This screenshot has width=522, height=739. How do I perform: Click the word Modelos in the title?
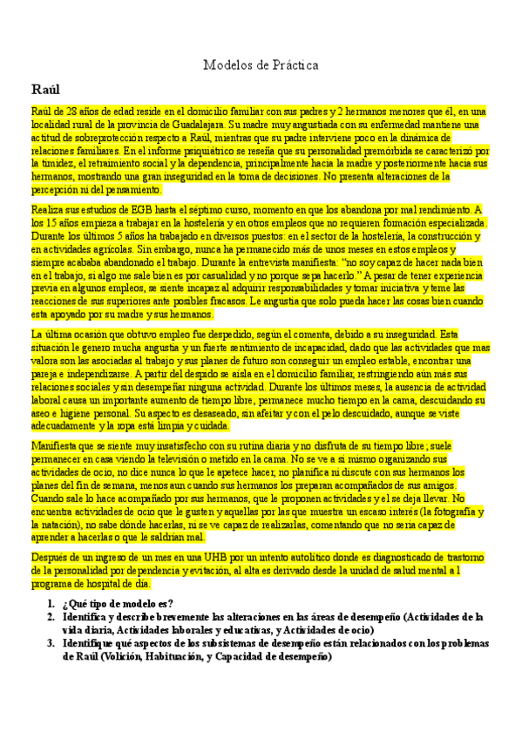[x=225, y=65]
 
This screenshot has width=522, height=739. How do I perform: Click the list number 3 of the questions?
[x=51, y=643]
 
